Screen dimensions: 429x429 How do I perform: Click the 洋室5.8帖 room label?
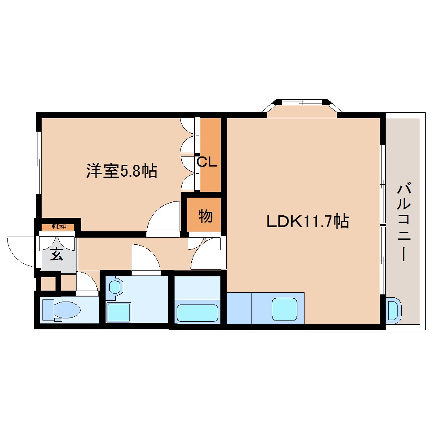122,170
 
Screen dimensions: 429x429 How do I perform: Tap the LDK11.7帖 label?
308,221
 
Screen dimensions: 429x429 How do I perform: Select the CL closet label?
207,162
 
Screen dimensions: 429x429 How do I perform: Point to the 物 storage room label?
205,217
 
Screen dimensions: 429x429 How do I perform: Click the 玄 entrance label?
57,254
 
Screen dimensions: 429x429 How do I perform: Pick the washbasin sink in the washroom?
115,287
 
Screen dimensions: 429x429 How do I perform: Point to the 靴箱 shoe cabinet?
58,227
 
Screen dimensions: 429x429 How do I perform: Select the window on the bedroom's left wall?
38,162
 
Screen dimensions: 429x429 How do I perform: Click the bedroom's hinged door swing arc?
164,217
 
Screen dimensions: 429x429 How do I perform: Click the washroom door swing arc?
145,259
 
